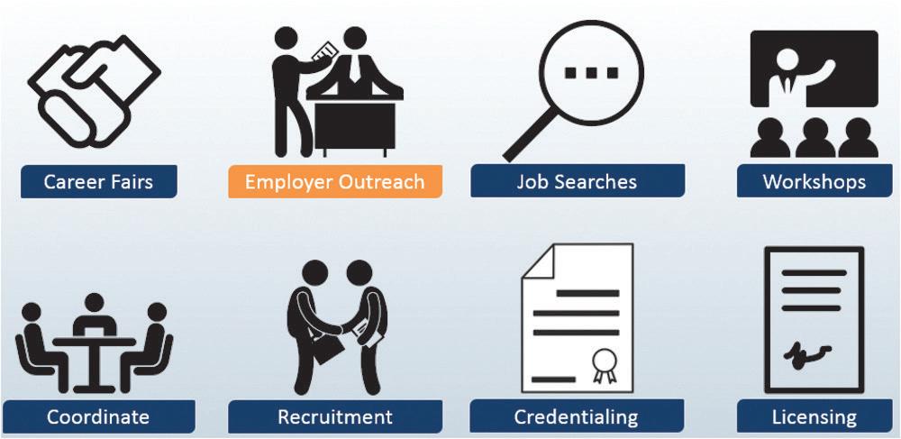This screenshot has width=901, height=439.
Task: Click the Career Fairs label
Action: click(x=99, y=182)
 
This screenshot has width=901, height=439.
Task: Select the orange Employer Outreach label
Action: click(x=334, y=182)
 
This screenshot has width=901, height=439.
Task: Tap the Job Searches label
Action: click(x=577, y=182)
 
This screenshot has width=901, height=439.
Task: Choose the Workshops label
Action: click(x=814, y=182)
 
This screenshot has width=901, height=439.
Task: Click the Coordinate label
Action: click(x=98, y=417)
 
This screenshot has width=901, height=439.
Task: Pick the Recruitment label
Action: click(x=334, y=417)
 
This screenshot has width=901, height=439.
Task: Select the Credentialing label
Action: click(x=576, y=417)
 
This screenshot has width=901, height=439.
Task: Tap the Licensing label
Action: click(x=814, y=417)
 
